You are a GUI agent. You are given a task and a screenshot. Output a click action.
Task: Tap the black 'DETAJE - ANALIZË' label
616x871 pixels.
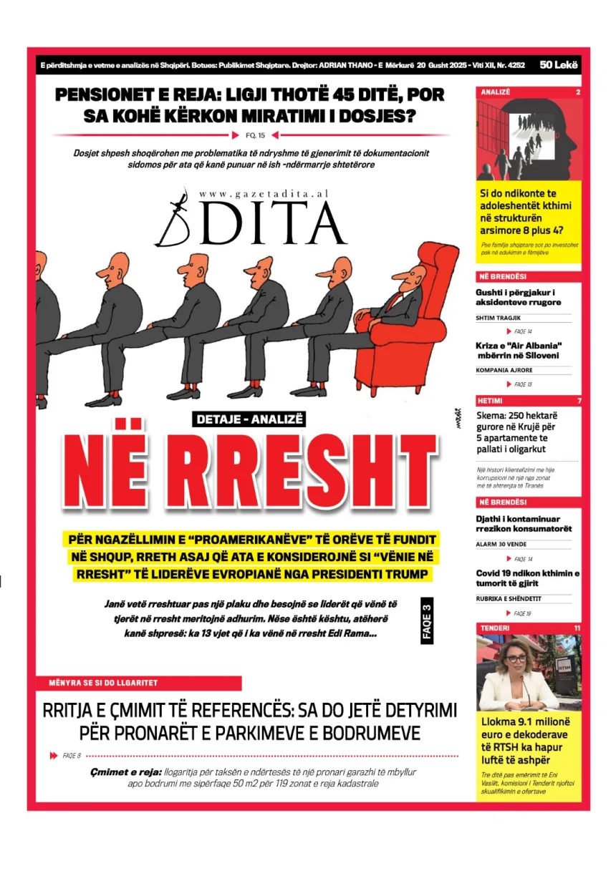click(x=249, y=419)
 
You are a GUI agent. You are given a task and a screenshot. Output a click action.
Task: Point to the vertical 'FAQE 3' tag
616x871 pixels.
click(x=427, y=621)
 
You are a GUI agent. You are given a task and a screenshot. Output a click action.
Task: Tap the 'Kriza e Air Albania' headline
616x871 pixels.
click(x=517, y=351)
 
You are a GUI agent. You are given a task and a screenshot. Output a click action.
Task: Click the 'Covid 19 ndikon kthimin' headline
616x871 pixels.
click(x=527, y=578)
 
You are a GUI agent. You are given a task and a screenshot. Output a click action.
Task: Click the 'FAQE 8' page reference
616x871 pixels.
click(x=72, y=755)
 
